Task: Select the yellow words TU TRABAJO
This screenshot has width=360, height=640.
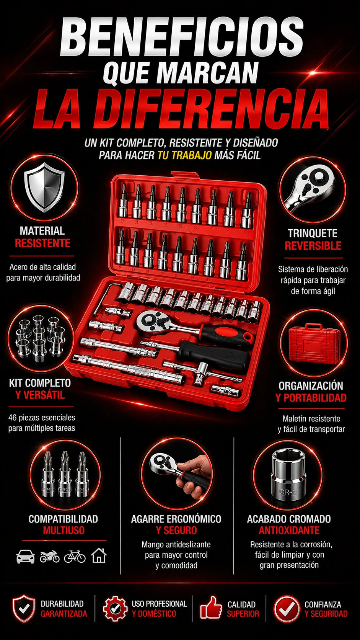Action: coord(185,155)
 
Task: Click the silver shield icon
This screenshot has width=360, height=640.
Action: coord(44,187)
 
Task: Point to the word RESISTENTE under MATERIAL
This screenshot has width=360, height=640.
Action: coord(42,243)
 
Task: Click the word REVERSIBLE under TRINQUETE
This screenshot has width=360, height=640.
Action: coord(313,246)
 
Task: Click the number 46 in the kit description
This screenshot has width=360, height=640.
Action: coord(13,418)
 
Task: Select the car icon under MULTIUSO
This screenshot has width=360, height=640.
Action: coord(26,556)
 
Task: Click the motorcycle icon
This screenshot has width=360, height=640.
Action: coord(50,557)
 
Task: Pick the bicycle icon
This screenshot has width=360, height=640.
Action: coord(75,557)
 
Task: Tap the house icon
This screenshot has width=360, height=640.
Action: coord(99,556)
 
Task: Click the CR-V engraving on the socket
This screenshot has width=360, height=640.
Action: coord(288,492)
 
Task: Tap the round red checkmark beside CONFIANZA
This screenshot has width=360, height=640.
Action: coord(287,608)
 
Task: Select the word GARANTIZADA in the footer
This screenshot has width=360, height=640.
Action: coord(64,614)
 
